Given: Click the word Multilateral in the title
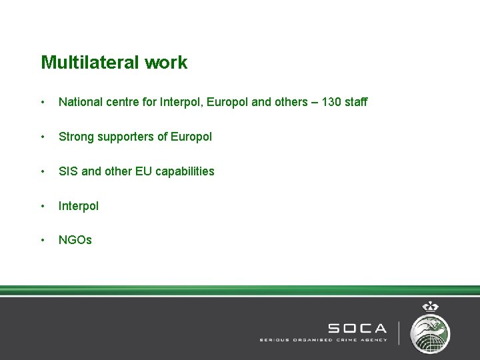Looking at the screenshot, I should pyautogui.click(x=85, y=63).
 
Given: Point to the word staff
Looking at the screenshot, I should pyautogui.click(x=355, y=102).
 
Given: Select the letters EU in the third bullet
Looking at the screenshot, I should pyautogui.click(x=143, y=171).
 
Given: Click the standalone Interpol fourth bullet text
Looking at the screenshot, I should pyautogui.click(x=79, y=206).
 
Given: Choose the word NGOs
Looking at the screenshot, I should pyautogui.click(x=75, y=240).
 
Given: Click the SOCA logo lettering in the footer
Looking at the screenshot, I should pyautogui.click(x=357, y=328).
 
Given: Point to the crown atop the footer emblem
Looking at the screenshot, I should pyautogui.click(x=430, y=307).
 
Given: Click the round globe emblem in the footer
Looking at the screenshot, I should pyautogui.click(x=430, y=332).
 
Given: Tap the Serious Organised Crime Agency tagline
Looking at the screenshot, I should pyautogui.click(x=323, y=340).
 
